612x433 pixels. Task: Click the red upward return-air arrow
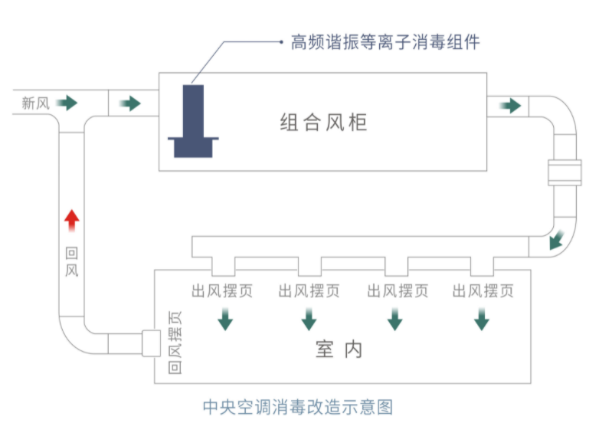click(72, 221)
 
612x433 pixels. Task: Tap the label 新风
click(36, 103)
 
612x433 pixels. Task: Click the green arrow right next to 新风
click(67, 103)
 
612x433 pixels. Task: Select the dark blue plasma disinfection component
click(193, 121)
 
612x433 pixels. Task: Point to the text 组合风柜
click(323, 122)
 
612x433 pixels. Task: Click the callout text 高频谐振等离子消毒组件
click(385, 42)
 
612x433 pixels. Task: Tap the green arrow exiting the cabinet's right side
click(510, 106)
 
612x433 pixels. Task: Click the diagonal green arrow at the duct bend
click(557, 240)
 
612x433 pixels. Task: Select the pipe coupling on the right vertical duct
click(565, 172)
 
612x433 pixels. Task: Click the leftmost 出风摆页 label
click(222, 291)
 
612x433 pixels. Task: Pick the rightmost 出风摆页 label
click(483, 291)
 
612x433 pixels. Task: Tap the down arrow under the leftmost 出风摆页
click(225, 319)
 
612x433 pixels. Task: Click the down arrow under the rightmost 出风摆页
click(482, 319)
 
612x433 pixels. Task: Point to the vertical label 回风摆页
click(175, 343)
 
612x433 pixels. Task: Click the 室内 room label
click(339, 349)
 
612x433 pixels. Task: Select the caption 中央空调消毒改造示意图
click(298, 407)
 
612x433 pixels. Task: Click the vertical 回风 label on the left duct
click(72, 261)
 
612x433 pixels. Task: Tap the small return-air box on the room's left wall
click(151, 343)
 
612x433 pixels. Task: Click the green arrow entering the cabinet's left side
click(130, 103)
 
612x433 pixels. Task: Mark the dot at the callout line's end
click(281, 42)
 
